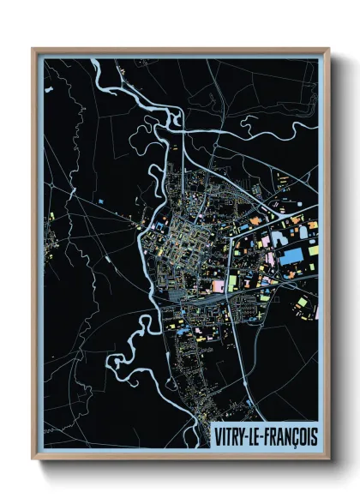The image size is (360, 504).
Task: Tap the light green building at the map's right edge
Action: click(x=314, y=251)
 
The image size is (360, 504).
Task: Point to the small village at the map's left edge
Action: click(x=53, y=230)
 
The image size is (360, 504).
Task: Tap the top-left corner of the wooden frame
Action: click(x=33, y=49)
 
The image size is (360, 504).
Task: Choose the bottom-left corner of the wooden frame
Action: click(x=33, y=459)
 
